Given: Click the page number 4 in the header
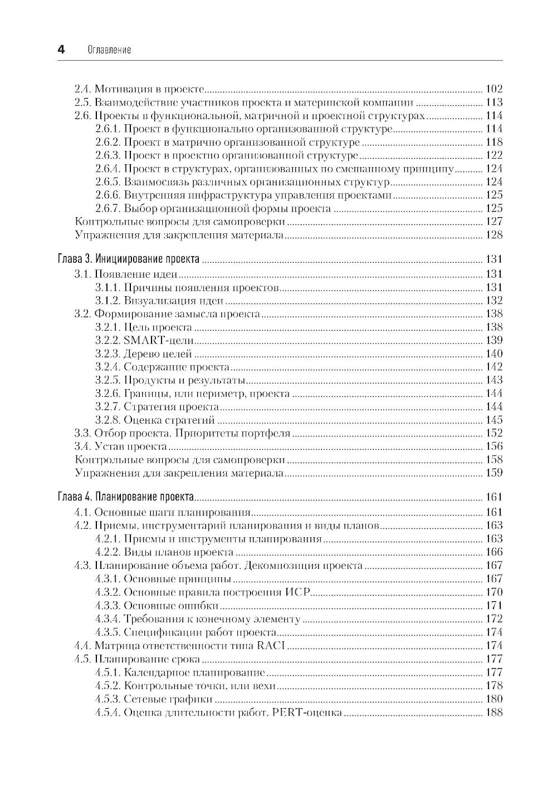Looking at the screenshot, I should (x=61, y=50).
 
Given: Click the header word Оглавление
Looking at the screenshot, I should (x=109, y=50).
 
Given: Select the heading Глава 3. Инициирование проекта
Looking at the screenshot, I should (x=129, y=259).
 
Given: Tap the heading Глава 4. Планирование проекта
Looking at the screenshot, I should (x=125, y=497).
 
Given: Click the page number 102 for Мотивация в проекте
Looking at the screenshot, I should (x=494, y=89).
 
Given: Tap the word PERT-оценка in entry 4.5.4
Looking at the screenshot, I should (x=307, y=713).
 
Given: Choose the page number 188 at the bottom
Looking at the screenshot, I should (x=494, y=713).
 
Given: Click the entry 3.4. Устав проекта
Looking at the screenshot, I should (x=120, y=446).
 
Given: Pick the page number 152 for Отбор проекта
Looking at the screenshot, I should (x=494, y=433).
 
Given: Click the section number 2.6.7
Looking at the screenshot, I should (x=108, y=209).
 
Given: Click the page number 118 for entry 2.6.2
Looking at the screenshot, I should (x=494, y=142).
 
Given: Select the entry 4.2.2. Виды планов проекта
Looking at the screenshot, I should (x=164, y=552).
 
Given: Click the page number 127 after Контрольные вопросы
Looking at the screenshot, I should (x=494, y=222).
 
